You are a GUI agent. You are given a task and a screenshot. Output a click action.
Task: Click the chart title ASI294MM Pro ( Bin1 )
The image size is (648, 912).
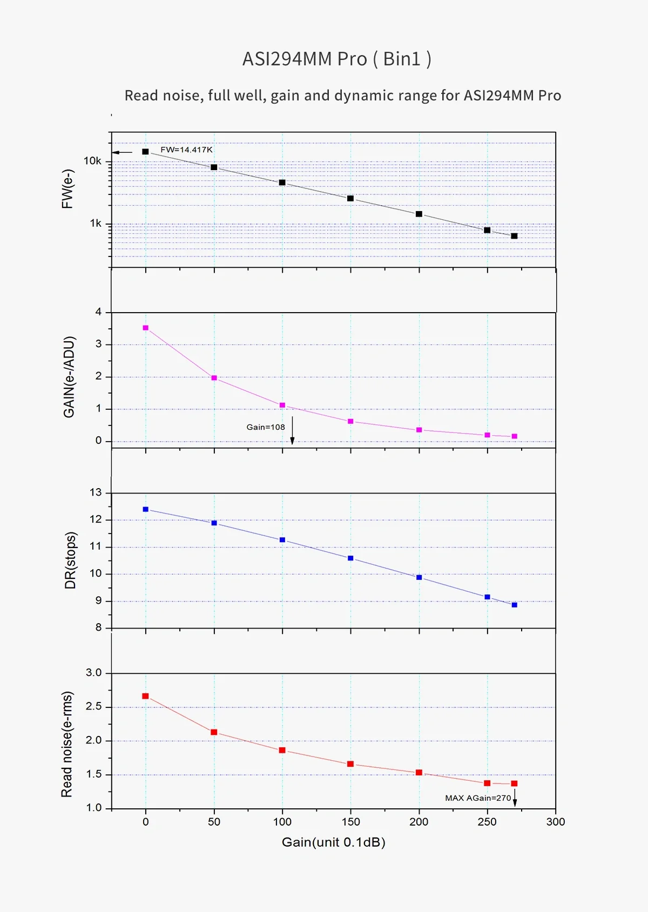tap(336, 59)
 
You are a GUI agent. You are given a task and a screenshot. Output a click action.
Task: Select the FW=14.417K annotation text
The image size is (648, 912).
tap(186, 150)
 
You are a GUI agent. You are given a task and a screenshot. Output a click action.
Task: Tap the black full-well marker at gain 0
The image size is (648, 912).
tap(145, 152)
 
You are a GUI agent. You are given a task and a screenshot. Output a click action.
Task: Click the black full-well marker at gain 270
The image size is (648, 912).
tap(514, 236)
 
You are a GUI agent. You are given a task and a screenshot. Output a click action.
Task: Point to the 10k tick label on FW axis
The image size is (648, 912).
tap(92, 161)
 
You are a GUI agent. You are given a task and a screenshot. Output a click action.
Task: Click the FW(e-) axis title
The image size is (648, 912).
tap(67, 189)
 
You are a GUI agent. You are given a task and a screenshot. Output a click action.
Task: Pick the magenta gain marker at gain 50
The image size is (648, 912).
tap(214, 378)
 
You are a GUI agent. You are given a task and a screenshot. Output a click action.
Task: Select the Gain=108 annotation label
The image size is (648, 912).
tap(265, 427)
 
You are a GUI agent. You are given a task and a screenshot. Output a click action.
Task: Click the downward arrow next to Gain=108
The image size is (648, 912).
tap(292, 430)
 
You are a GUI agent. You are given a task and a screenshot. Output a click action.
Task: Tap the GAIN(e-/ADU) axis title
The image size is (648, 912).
tap(69, 377)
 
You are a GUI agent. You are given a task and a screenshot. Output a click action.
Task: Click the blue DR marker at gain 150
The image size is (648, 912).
tap(350, 558)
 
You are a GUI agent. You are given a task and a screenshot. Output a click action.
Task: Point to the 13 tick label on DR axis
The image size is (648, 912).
tap(96, 492)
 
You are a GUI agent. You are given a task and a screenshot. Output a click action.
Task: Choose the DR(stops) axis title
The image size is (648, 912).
tap(71, 560)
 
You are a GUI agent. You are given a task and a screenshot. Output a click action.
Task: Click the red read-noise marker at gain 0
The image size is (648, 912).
tap(145, 696)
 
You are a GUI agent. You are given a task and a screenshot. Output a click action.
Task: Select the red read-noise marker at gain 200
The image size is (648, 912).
tap(419, 773)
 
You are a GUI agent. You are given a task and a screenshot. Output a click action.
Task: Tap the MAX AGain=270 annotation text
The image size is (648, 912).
tap(478, 798)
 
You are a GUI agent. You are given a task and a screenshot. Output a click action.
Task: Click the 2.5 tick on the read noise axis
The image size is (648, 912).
tap(93, 707)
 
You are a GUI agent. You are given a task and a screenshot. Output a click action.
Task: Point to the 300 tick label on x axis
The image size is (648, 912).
tap(556, 822)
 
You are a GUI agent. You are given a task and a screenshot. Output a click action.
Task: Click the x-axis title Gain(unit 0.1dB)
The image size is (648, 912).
tap(333, 842)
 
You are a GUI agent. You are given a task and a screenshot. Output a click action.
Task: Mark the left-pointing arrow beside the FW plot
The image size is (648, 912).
tap(122, 152)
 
